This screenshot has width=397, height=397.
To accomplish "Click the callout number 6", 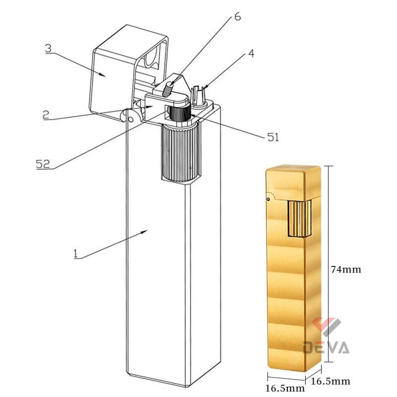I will click(x=237, y=16).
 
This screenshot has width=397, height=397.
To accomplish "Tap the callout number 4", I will click(x=252, y=54).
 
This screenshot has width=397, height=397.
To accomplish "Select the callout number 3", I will click(x=48, y=49).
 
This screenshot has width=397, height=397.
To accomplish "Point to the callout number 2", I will click(x=46, y=114).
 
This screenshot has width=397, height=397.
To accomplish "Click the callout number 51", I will click(x=273, y=137).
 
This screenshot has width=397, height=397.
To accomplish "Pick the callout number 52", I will click(x=43, y=164).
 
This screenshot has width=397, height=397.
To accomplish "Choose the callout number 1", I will click(x=75, y=254).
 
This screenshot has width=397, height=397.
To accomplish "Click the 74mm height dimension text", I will click(x=346, y=269).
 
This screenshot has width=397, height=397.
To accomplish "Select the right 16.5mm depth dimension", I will click(x=330, y=381).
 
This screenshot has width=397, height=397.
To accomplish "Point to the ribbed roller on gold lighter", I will click(x=299, y=219).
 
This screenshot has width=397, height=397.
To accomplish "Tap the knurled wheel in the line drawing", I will click(x=180, y=151).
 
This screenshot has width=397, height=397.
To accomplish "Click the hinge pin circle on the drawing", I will click(x=131, y=118).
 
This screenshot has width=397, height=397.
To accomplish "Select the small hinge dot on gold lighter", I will click(x=268, y=199).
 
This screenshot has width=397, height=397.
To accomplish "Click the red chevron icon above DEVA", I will click(x=327, y=326).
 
